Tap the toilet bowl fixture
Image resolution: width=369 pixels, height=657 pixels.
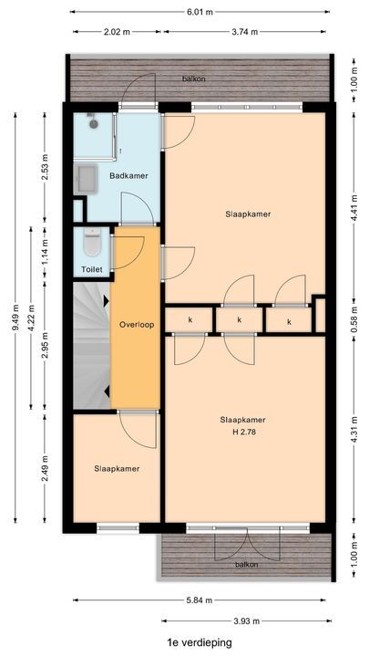(90, 245)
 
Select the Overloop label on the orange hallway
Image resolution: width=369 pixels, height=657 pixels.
(135, 325)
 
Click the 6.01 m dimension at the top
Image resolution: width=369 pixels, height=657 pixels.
(200, 12)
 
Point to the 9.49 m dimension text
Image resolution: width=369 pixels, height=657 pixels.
(15, 325)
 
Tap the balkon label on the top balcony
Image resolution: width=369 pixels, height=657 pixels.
(192, 78)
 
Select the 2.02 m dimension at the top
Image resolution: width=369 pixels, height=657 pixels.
(117, 32)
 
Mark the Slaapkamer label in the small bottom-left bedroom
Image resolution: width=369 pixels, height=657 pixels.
(116, 468)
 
